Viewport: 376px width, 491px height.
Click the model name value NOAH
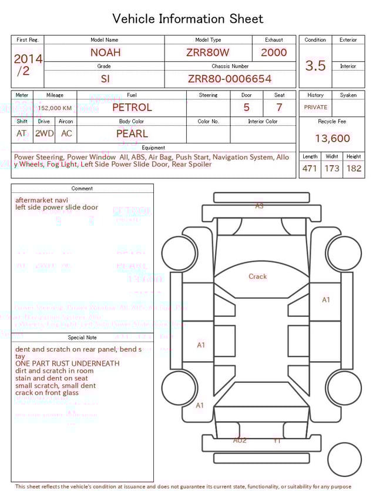(105, 52)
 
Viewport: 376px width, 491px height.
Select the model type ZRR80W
(208, 52)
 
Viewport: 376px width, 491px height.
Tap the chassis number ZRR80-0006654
(230, 79)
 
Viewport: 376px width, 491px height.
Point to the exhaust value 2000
(274, 52)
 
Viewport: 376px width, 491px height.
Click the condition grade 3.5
(315, 66)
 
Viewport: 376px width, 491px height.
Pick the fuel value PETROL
(132, 108)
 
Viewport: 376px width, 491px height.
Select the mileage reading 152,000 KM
(55, 108)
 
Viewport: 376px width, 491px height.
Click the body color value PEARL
(132, 133)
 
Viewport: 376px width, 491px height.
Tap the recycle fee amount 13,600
(332, 139)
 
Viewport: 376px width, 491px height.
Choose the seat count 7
(279, 108)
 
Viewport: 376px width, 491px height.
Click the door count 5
(246, 108)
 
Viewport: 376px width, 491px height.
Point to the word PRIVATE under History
(315, 108)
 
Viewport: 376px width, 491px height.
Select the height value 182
(354, 169)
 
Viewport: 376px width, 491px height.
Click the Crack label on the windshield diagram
(257, 276)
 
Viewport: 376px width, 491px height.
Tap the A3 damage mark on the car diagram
(259, 206)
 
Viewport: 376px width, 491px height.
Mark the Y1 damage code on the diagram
(277, 440)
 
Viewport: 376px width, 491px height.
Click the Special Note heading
(82, 338)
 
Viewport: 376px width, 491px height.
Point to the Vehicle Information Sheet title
(188, 19)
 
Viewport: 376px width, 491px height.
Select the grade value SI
(105, 79)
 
